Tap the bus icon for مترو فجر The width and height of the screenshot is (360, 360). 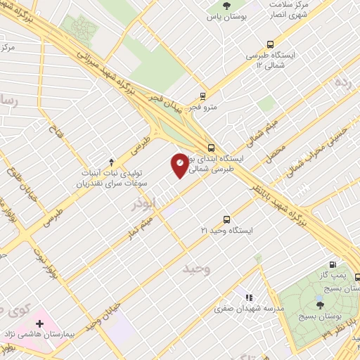202,96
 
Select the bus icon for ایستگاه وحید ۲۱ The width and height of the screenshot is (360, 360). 226,219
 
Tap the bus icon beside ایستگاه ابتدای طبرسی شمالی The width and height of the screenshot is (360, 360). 212,148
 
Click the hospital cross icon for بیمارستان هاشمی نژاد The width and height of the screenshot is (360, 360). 40,324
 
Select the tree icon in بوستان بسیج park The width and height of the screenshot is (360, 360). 320,304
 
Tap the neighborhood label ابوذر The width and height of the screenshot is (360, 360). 148,205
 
